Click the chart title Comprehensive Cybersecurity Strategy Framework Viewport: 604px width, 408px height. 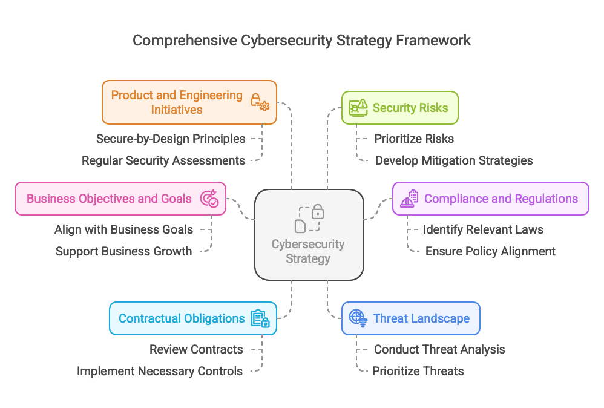tap(301, 41)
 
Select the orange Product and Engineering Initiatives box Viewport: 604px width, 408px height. tap(189, 102)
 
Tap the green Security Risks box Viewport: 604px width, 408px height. tap(399, 108)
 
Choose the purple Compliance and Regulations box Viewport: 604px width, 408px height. tap(490, 199)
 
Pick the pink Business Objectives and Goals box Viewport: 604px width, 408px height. tap(120, 199)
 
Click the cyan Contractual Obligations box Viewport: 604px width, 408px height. tap(192, 318)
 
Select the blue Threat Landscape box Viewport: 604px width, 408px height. tap(410, 318)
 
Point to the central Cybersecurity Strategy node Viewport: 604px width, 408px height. tap(309, 235)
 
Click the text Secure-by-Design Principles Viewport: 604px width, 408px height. tap(171, 139)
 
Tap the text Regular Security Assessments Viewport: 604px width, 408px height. tap(163, 160)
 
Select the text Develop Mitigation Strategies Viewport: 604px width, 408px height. tap(454, 160)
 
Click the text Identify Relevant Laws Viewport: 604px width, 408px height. tap(483, 229)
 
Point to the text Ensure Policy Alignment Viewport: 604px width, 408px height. tap(490, 251)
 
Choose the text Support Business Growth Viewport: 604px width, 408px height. tap(123, 251)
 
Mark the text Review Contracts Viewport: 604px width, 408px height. tap(196, 349)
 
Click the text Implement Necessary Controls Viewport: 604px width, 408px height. tap(160, 371)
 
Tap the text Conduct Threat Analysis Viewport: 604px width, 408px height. tap(439, 349)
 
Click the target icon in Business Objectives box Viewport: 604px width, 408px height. tap(209, 199)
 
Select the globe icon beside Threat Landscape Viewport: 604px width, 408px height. tap(358, 318)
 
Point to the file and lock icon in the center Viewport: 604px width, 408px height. tap(309, 219)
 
